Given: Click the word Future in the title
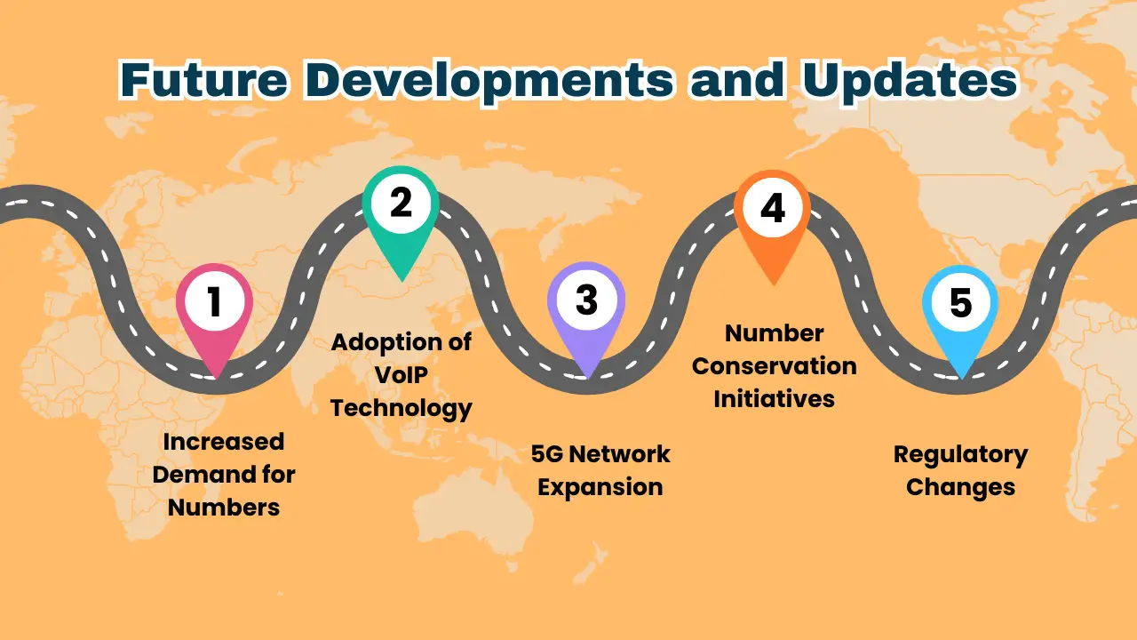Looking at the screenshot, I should tap(203, 81).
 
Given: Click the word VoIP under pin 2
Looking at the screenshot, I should tap(401, 375).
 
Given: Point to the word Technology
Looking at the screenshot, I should tap(401, 409).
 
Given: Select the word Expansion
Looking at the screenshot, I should tap(600, 488).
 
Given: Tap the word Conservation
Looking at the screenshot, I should tap(775, 366).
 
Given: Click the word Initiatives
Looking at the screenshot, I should tap(775, 399).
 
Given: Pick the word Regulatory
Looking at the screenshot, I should tap(960, 455).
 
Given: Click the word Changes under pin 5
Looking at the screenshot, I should tap(960, 488).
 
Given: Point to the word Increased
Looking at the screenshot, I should tap(224, 442).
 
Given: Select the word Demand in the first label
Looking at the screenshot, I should tap(198, 475).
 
